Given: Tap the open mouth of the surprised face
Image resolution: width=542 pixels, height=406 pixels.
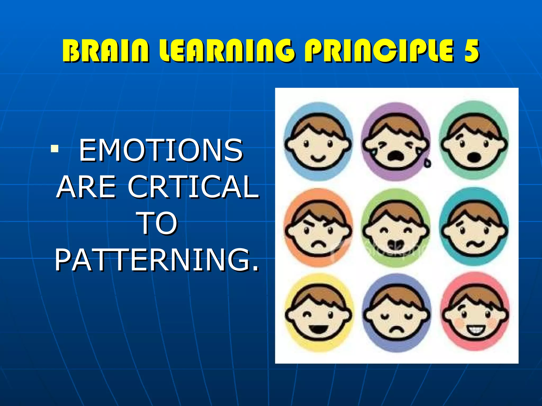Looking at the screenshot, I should (474, 158).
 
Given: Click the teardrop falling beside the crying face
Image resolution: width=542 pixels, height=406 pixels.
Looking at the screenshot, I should (427, 163).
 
